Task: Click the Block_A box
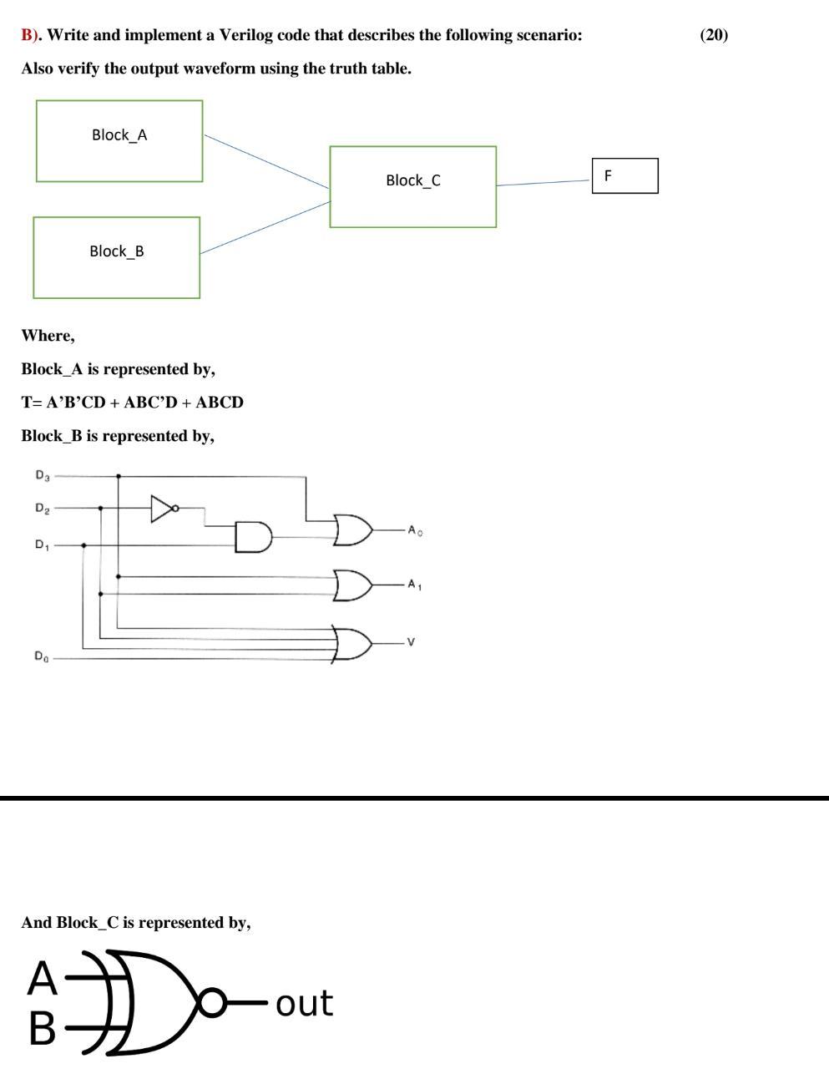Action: (119, 141)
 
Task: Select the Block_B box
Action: (117, 257)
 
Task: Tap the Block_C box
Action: (412, 186)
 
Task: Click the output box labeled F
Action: (624, 176)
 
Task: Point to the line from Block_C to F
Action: (543, 182)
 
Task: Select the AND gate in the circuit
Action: (253, 537)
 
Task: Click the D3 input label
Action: (42, 476)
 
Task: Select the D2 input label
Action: (42, 508)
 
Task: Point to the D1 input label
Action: (42, 545)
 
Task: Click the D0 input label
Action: (42, 657)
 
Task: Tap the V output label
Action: (411, 642)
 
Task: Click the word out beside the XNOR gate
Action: (304, 1003)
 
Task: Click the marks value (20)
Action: (714, 35)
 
